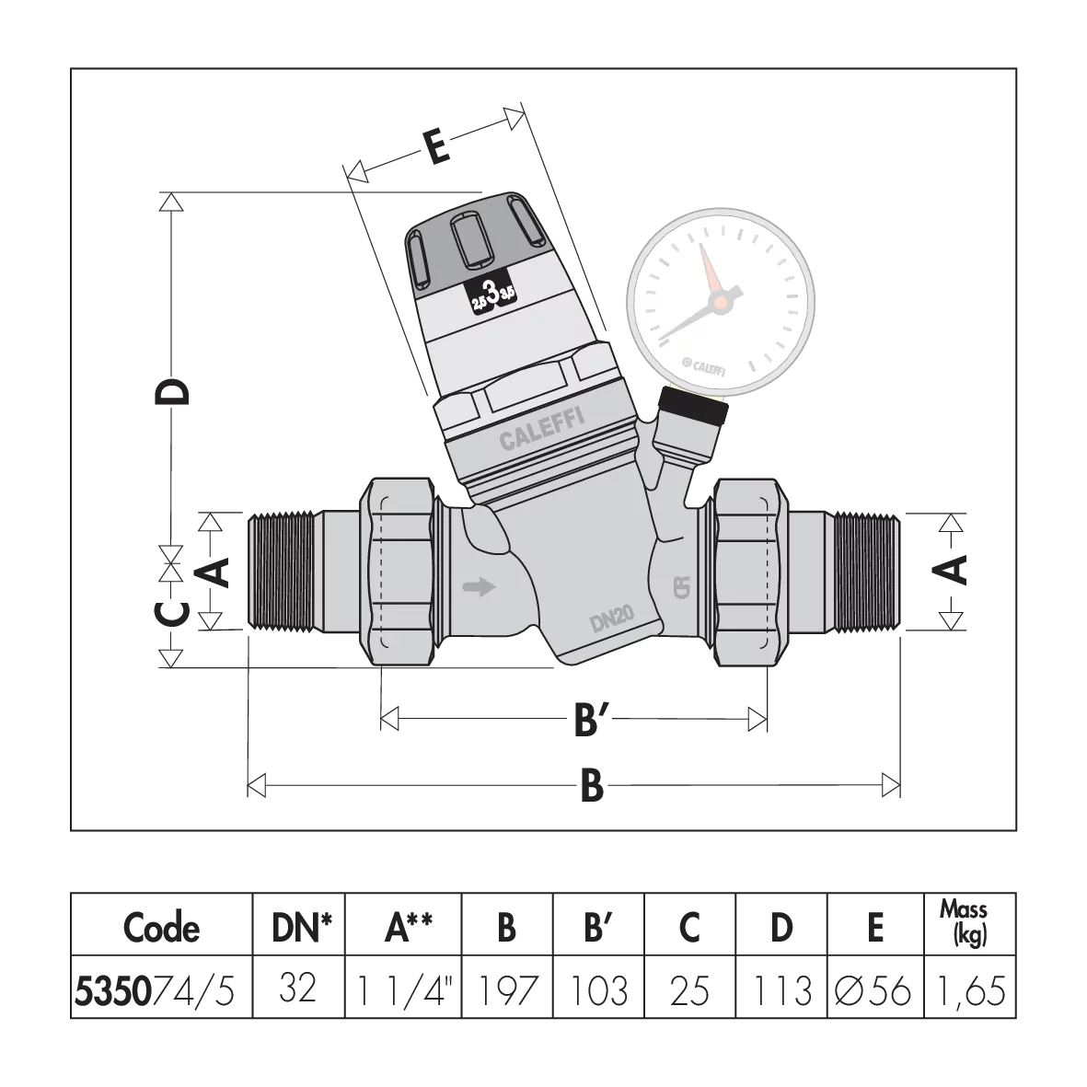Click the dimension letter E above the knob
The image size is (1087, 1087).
coord(439,147)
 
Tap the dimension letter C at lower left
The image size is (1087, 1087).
coord(172,613)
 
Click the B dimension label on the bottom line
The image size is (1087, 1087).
coord(592,787)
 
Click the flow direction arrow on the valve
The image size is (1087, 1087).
coord(479,586)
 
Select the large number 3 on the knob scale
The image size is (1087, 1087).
coord(493,295)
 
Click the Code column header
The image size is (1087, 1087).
coord(162,928)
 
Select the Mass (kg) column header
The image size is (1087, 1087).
coord(964,923)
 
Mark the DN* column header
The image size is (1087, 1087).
coord(299,928)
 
